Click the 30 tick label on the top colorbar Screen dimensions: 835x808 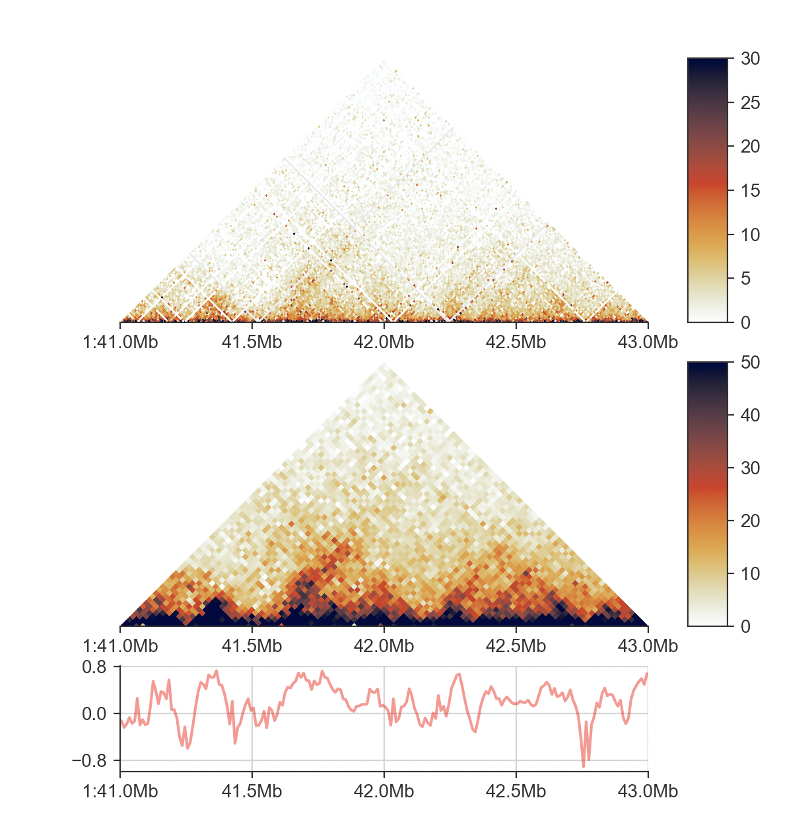click(750, 59)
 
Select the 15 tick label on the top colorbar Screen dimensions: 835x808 click(750, 191)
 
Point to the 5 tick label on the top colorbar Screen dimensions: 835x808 click(745, 279)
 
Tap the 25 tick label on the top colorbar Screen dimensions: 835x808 click(750, 103)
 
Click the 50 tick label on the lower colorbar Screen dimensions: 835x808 click(750, 363)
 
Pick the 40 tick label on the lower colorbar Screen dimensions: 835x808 click(750, 416)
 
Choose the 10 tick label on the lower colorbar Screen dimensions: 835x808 click(750, 574)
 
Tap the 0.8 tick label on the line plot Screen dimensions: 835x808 click(94, 667)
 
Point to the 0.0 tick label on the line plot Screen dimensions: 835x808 click(94, 714)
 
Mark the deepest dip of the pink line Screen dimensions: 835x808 click(584, 766)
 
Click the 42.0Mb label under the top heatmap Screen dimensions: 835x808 click(384, 342)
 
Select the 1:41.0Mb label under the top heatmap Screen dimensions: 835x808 click(120, 342)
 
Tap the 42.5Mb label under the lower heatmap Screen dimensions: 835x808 click(516, 646)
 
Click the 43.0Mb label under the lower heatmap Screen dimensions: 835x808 click(648, 646)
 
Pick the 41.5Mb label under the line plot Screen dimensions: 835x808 click(252, 791)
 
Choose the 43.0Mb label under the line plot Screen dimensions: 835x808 click(648, 791)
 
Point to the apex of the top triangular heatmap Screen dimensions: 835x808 click(384, 61)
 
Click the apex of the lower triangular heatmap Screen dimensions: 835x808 click(384, 364)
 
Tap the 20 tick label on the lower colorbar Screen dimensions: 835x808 click(750, 521)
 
